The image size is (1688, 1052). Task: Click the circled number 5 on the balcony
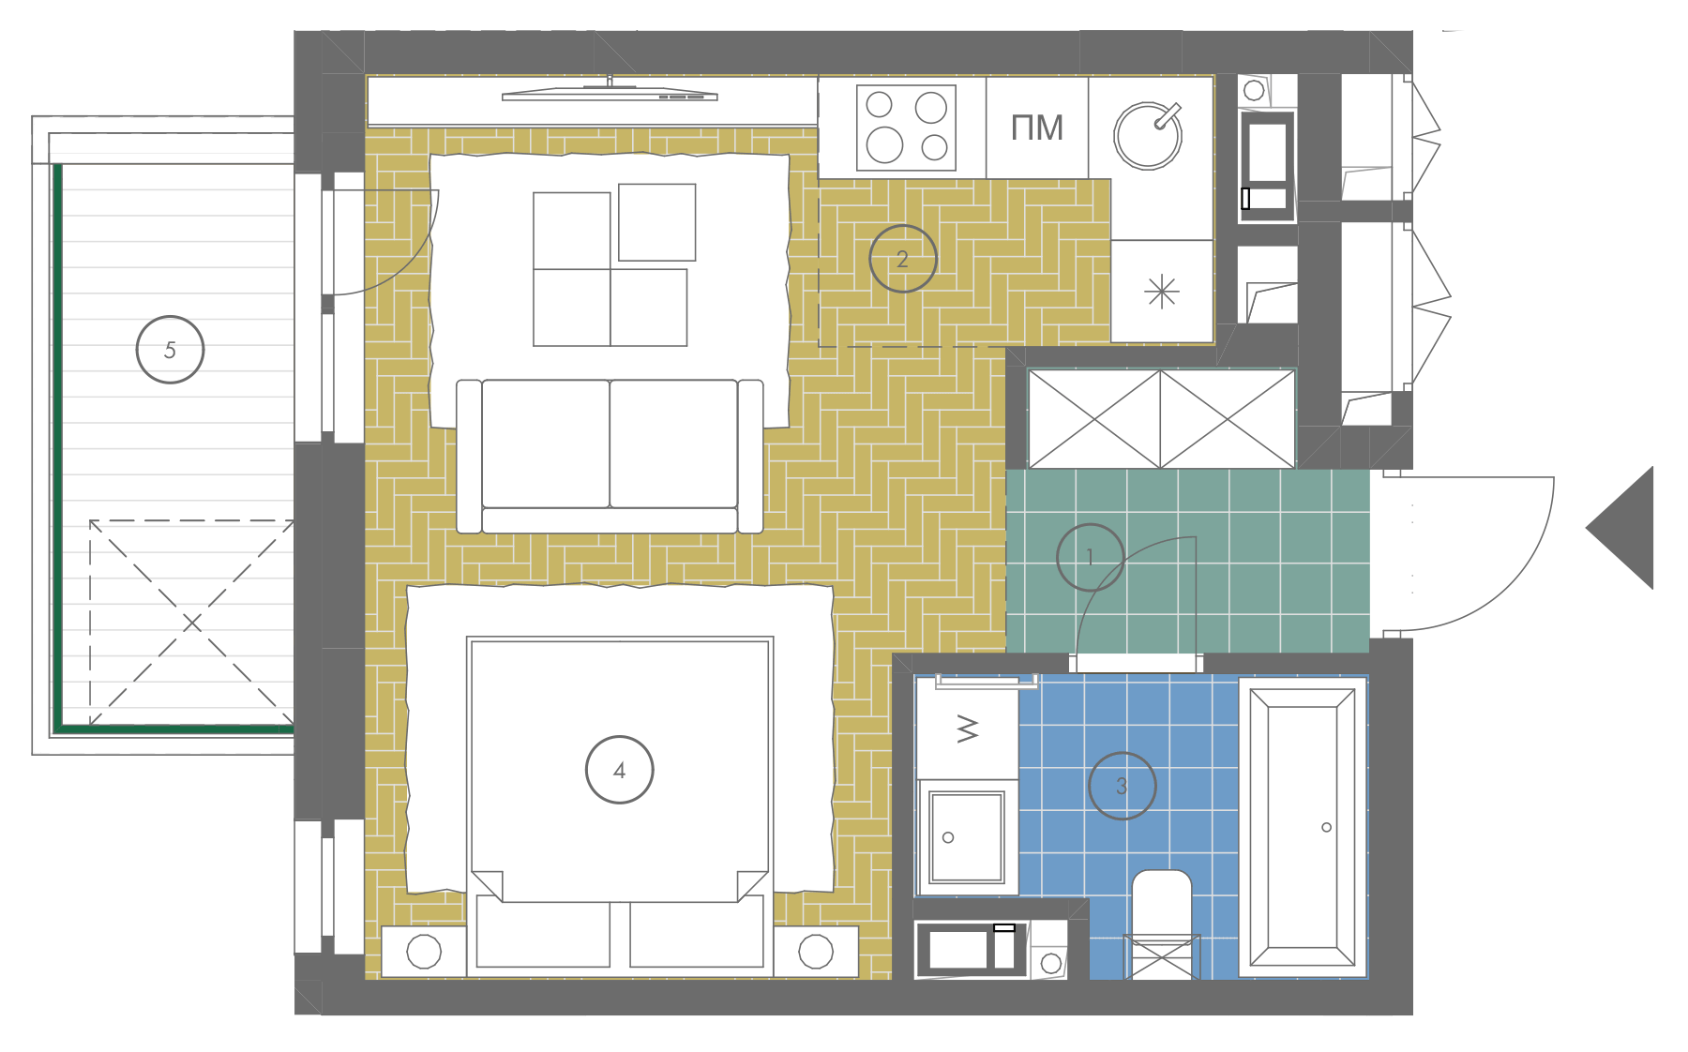click(x=170, y=350)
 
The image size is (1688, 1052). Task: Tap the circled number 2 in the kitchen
click(x=902, y=259)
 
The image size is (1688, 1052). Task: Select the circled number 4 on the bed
click(x=619, y=770)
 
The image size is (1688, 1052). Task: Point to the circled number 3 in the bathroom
click(x=1122, y=786)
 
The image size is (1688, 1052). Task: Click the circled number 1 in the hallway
click(x=1090, y=557)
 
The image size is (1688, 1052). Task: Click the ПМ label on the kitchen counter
click(x=1037, y=128)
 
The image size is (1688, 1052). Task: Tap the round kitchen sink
click(x=1148, y=135)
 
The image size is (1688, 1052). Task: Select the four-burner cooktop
click(x=906, y=127)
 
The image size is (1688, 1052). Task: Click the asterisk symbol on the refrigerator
click(x=1162, y=292)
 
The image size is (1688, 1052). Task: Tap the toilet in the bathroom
click(x=1162, y=924)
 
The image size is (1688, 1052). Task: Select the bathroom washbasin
click(x=967, y=836)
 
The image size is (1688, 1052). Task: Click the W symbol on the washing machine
click(x=968, y=729)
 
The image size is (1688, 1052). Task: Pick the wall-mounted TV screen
click(x=610, y=94)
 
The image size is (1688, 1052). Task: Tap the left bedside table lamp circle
click(x=424, y=952)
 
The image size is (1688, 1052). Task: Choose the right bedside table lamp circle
click(x=816, y=952)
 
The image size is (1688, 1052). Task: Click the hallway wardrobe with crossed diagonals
click(x=1161, y=418)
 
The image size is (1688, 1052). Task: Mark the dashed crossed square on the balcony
click(x=191, y=623)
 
